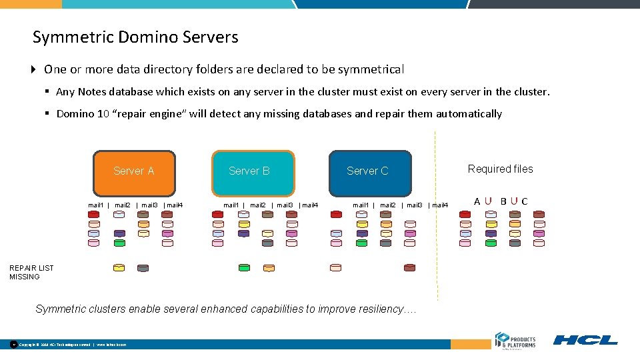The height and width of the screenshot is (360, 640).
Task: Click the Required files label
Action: coord(500,169)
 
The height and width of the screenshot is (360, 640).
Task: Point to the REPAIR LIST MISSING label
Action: coord(31,272)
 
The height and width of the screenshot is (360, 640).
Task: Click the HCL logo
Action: coord(585,340)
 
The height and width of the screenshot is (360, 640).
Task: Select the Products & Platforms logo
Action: coord(515,339)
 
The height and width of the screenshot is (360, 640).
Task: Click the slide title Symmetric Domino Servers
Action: coord(135,37)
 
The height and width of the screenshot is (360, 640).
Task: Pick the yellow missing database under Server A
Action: coord(119,268)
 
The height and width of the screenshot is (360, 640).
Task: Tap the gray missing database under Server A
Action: coord(143,268)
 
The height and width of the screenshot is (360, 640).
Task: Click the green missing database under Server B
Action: coord(244,268)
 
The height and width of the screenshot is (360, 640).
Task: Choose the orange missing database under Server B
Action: coord(268,268)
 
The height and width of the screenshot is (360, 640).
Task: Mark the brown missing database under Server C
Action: coord(409,268)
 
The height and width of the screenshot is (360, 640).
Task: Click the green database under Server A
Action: coord(119,243)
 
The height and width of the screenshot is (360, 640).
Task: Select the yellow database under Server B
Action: coord(267,234)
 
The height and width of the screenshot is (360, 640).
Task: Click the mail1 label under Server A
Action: coord(96,205)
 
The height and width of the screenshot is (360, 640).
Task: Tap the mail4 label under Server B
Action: coord(309,205)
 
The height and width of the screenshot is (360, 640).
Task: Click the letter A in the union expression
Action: coord(477,201)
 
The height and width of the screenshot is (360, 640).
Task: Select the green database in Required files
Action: coord(491,243)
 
